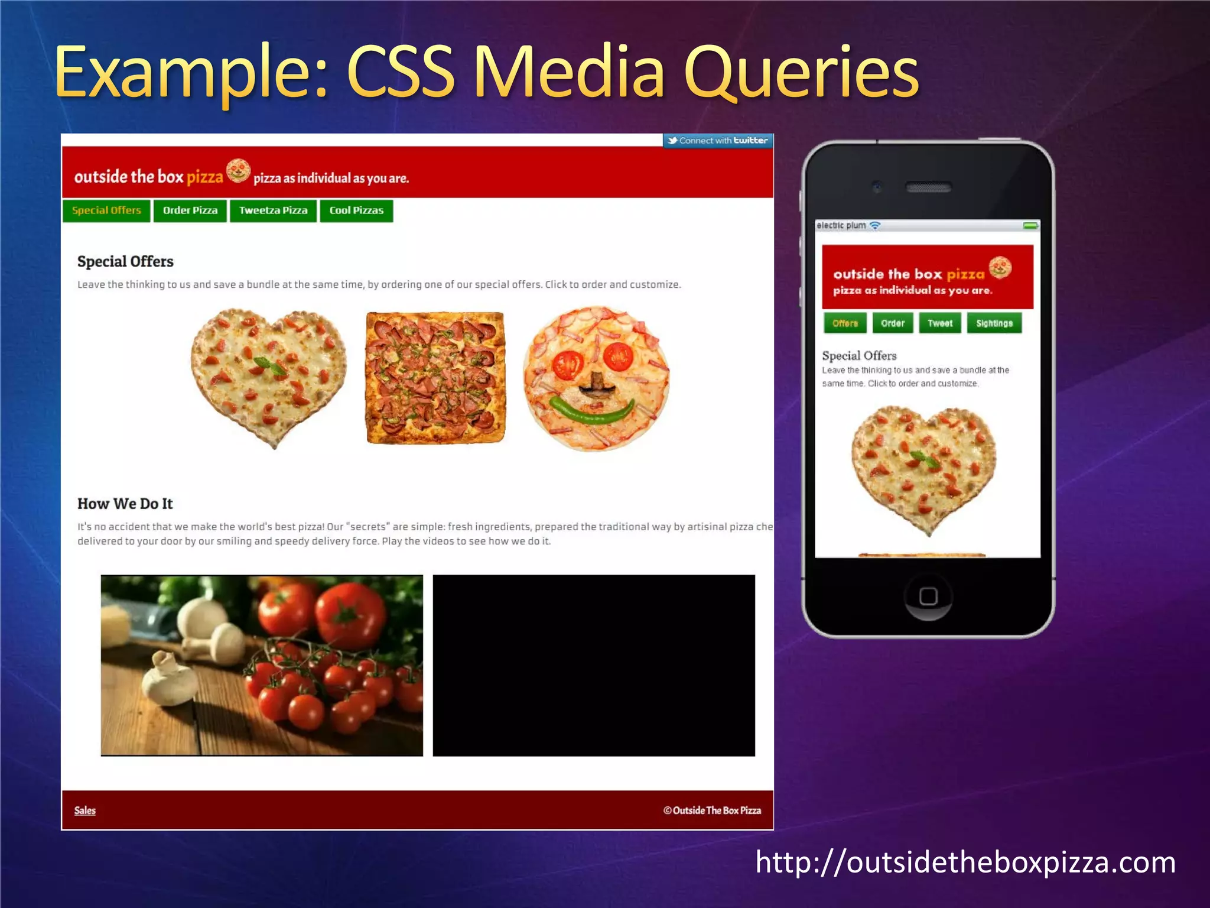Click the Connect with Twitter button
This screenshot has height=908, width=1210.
click(x=718, y=141)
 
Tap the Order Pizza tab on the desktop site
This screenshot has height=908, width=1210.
click(x=190, y=210)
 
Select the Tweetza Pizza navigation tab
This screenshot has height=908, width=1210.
click(x=273, y=210)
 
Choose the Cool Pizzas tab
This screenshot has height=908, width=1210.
click(x=356, y=210)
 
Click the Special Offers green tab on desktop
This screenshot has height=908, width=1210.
click(x=106, y=210)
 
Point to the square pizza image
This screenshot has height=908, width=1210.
click(x=435, y=378)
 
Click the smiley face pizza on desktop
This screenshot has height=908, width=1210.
click(x=596, y=378)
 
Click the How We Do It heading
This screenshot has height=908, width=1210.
click(x=125, y=504)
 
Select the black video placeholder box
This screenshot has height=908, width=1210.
click(x=594, y=665)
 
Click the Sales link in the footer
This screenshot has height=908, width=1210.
click(x=85, y=810)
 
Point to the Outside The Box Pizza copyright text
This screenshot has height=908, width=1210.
click(x=712, y=810)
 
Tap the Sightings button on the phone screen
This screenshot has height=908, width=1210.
click(x=994, y=323)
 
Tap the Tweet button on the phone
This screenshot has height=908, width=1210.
click(x=940, y=323)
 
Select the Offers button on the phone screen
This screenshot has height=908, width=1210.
click(x=845, y=323)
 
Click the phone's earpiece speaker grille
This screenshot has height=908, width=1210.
click(x=928, y=188)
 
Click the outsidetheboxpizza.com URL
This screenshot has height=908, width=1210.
click(x=965, y=862)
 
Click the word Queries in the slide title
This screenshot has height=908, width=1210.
click(x=801, y=73)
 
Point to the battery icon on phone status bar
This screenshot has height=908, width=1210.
click(x=1031, y=226)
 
